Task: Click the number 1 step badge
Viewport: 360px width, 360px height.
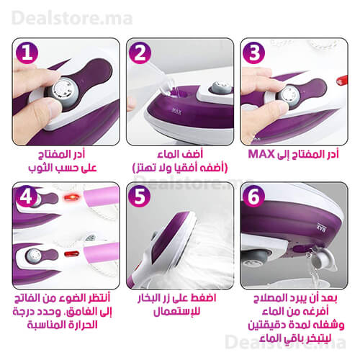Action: (27, 53)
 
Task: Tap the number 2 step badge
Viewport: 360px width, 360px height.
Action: (140, 53)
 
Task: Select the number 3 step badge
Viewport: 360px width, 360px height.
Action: (254, 53)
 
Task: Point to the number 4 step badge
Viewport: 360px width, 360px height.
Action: (27, 197)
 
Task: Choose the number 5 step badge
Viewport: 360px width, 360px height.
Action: (140, 197)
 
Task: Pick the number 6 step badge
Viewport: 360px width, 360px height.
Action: (253, 197)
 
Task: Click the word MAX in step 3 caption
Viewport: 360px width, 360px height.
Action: (261, 154)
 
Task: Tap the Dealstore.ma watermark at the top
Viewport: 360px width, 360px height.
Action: (72, 19)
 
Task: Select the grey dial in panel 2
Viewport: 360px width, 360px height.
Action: (220, 88)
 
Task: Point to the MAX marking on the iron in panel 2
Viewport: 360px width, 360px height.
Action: (177, 111)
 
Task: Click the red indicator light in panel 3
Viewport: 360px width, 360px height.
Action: (342, 81)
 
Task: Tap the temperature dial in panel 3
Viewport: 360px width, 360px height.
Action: (287, 96)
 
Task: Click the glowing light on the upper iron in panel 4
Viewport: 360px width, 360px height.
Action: (71, 198)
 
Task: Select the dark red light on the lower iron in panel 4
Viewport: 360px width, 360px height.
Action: (71, 253)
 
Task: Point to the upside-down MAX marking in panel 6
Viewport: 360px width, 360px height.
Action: (321, 228)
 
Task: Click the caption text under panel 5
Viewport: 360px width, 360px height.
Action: (177, 305)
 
